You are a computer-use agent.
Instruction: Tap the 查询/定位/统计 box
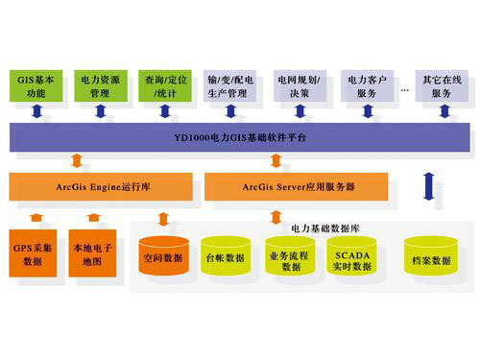point(166,84)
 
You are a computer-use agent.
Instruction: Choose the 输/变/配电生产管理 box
point(230,84)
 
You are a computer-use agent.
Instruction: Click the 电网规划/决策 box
point(299,84)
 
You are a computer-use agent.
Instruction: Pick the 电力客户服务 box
point(368,84)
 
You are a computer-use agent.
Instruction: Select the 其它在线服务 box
point(441,84)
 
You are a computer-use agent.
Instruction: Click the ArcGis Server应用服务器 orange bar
point(296,185)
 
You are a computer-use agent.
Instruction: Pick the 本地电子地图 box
point(93,253)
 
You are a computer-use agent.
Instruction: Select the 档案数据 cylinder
point(429,259)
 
